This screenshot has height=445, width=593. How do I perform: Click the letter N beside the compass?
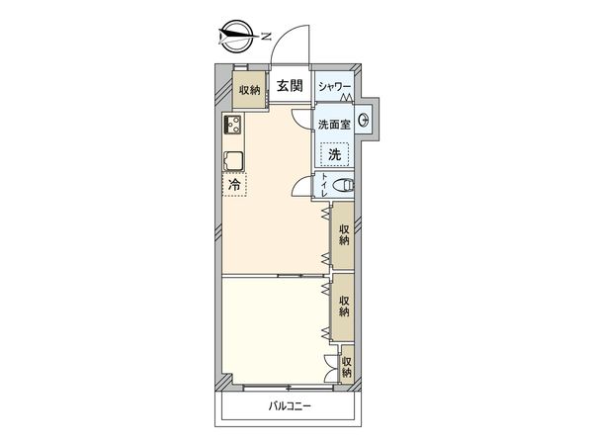(268, 37)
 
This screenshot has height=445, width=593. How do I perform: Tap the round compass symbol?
(234, 37)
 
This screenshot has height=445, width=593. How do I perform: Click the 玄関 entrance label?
(290, 87)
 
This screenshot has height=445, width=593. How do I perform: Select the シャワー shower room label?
(334, 87)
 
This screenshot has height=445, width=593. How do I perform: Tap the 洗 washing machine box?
(335, 154)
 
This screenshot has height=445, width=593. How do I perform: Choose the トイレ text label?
(325, 186)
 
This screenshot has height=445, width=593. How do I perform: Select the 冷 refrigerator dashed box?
(234, 185)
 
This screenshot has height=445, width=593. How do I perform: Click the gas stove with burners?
(234, 126)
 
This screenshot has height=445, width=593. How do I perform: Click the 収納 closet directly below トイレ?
(344, 234)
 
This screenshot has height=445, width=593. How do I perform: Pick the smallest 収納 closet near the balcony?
(347, 368)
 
